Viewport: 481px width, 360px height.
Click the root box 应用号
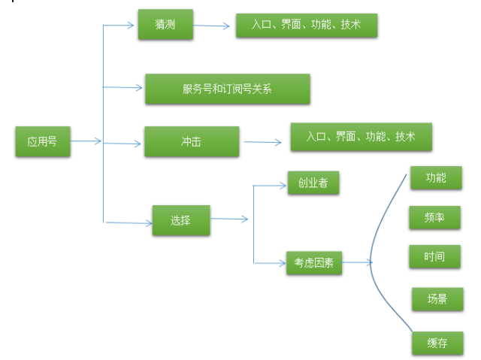coord(43,141)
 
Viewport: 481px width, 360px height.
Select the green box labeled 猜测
coord(165,25)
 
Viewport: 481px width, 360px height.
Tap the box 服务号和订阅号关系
coord(227,89)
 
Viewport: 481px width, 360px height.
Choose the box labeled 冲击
coord(192,141)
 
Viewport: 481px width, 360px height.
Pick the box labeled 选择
coord(181,220)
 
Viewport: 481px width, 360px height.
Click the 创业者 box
coord(313,183)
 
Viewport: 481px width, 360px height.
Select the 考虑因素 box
coord(314,263)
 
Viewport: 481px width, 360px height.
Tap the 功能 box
coord(435,178)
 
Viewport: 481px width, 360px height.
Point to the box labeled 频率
coord(434,217)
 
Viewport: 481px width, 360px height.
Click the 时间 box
coord(434,256)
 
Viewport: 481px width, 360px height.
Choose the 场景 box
coord(437,298)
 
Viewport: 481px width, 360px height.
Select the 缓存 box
coord(437,343)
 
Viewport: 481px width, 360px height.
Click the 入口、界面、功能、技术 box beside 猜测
coord(306,25)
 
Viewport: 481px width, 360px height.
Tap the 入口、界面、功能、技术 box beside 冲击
coord(361,137)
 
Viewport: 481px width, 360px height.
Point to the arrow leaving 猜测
coord(212,26)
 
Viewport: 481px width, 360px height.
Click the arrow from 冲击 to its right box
coord(262,141)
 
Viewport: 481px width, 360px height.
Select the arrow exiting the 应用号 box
coord(86,141)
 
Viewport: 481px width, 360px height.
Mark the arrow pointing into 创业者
coord(271,184)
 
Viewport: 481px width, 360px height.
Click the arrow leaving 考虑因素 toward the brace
coord(357,263)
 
